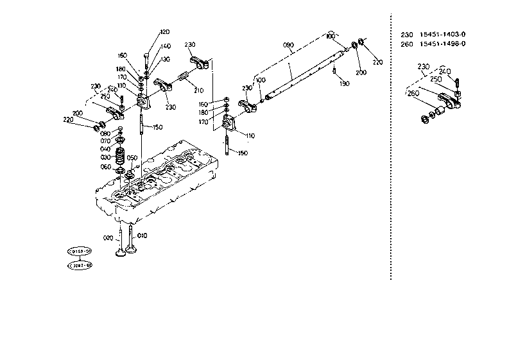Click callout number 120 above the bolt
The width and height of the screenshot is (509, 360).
(x=165, y=32)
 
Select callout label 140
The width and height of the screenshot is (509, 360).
(x=165, y=46)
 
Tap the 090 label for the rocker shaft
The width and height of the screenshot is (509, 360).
(x=288, y=45)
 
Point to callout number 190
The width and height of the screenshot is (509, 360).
(x=344, y=84)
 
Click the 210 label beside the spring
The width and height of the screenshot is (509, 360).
(x=198, y=90)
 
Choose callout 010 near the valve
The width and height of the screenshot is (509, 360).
(x=142, y=236)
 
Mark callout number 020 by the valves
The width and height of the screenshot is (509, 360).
(x=107, y=237)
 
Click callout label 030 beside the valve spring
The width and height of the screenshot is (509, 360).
(x=105, y=157)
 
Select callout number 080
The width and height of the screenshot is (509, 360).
(x=105, y=133)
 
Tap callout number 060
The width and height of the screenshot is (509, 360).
(x=105, y=166)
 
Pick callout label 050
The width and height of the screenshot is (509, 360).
(x=132, y=158)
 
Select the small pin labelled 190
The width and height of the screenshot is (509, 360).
(x=335, y=71)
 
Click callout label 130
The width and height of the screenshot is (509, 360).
(x=165, y=59)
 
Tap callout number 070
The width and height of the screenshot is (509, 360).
(x=105, y=141)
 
